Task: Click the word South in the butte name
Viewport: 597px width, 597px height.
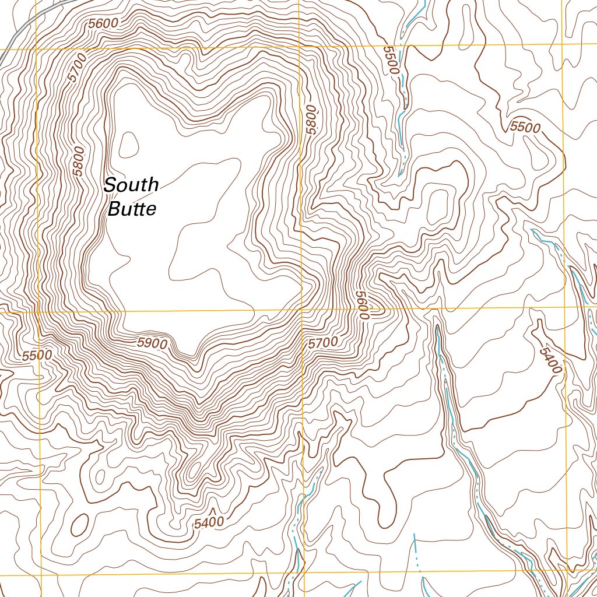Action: [x=131, y=185]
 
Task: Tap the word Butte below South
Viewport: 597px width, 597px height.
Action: [x=132, y=209]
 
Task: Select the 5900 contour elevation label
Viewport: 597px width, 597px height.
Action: [x=152, y=343]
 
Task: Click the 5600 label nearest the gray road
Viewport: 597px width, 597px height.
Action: [x=104, y=23]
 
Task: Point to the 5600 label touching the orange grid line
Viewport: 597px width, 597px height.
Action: [x=363, y=305]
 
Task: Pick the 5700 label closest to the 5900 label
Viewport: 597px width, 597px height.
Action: [x=322, y=343]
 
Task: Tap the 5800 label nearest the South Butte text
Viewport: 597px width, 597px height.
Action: [x=79, y=161]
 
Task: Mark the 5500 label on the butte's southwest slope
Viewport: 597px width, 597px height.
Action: [x=37, y=355]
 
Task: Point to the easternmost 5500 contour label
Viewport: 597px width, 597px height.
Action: [x=525, y=127]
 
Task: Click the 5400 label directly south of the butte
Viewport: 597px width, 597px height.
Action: [x=209, y=522]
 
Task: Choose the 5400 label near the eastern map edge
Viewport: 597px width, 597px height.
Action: [x=551, y=360]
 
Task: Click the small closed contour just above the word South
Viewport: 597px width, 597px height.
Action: [x=128, y=144]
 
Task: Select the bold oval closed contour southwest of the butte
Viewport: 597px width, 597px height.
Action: [x=79, y=524]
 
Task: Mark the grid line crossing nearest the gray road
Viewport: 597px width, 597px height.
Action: [x=36, y=49]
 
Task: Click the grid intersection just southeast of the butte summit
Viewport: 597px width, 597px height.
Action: [x=301, y=310]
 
